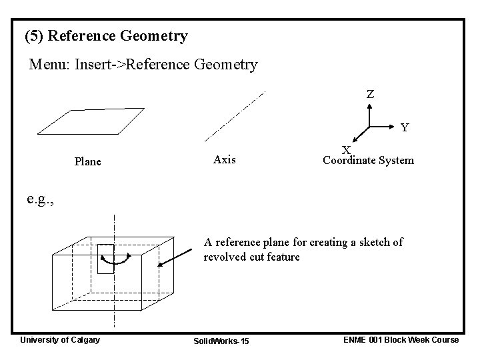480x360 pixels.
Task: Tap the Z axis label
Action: pyautogui.click(x=370, y=95)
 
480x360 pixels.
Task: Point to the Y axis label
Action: pyautogui.click(x=405, y=127)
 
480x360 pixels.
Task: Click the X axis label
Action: pyautogui.click(x=347, y=151)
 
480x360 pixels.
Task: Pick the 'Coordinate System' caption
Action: pyautogui.click(x=368, y=161)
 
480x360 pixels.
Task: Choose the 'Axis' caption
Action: pyautogui.click(x=225, y=159)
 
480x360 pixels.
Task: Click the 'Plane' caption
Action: pyautogui.click(x=88, y=161)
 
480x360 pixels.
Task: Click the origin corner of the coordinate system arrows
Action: pyautogui.click(x=369, y=126)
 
